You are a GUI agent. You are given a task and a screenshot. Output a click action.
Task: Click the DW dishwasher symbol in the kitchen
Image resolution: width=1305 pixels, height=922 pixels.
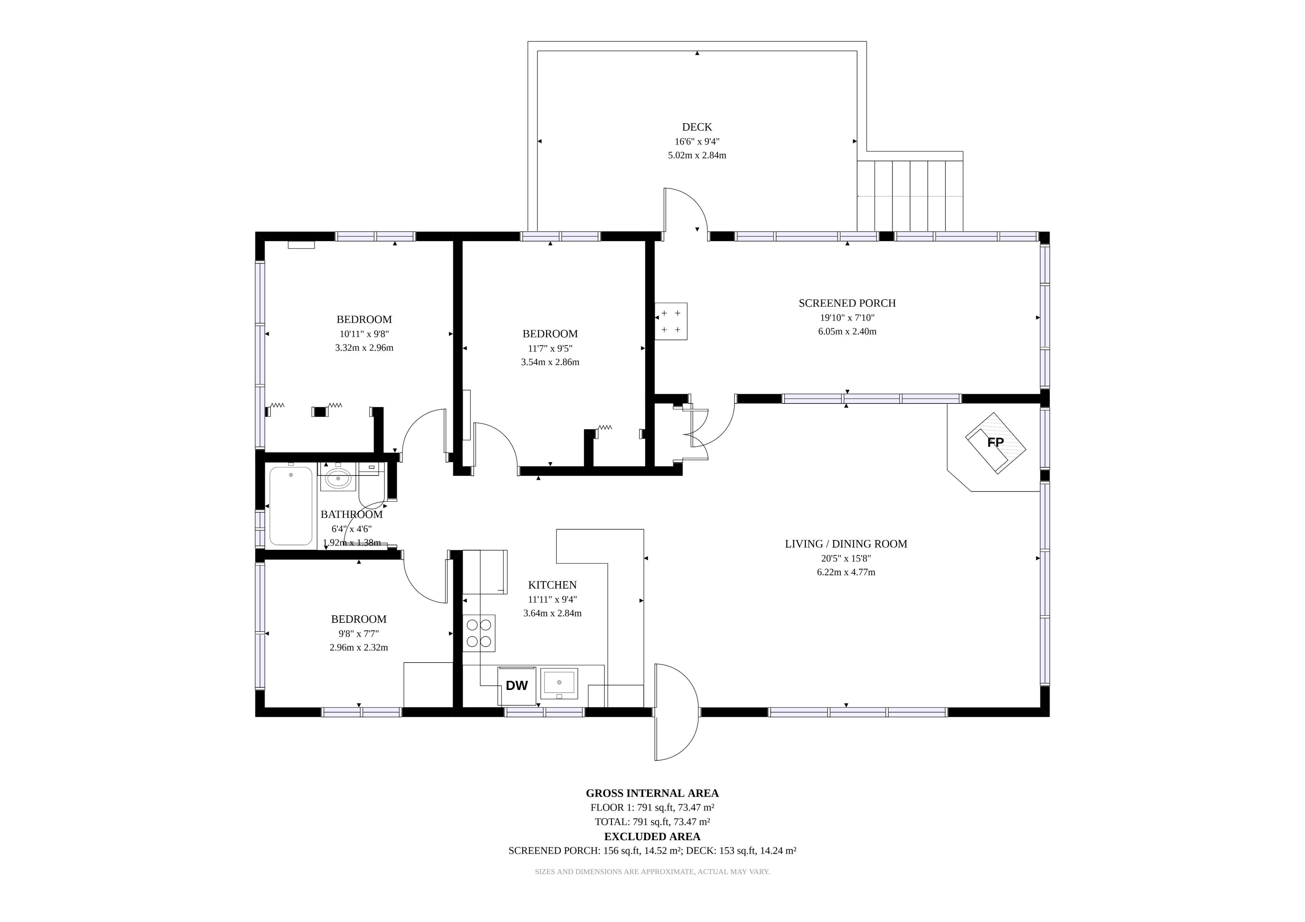pyautogui.click(x=517, y=686)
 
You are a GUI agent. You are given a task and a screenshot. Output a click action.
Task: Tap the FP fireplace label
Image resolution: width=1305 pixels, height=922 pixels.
pyautogui.click(x=995, y=442)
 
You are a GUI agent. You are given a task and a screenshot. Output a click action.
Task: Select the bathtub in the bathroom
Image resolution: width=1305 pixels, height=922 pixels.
pyautogui.click(x=291, y=506)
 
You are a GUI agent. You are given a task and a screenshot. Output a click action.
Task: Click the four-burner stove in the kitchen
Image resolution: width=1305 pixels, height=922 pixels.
pyautogui.click(x=478, y=633)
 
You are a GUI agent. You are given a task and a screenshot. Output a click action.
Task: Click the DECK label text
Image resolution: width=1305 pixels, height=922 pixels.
pyautogui.click(x=697, y=127)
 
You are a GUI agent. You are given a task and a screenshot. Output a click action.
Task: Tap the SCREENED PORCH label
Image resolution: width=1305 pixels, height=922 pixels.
pyautogui.click(x=847, y=303)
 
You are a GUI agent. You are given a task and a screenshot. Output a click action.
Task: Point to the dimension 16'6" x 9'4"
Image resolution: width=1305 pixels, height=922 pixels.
pyautogui.click(x=697, y=142)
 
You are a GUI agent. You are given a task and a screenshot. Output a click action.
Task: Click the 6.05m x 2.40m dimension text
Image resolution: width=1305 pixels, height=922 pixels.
pyautogui.click(x=847, y=331)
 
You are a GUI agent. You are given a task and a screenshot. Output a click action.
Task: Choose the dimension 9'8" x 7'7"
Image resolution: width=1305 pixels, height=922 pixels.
pyautogui.click(x=359, y=633)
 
